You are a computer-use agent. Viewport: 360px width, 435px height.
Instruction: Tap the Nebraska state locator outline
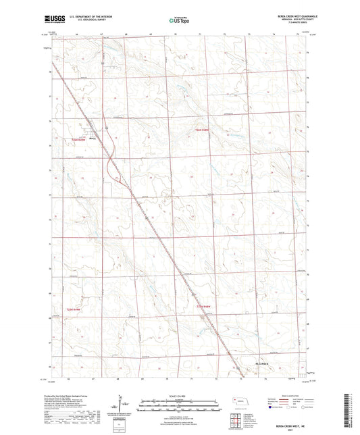239,401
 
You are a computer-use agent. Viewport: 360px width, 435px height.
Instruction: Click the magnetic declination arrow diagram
122,405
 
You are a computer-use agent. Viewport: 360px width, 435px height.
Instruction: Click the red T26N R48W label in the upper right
203,130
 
